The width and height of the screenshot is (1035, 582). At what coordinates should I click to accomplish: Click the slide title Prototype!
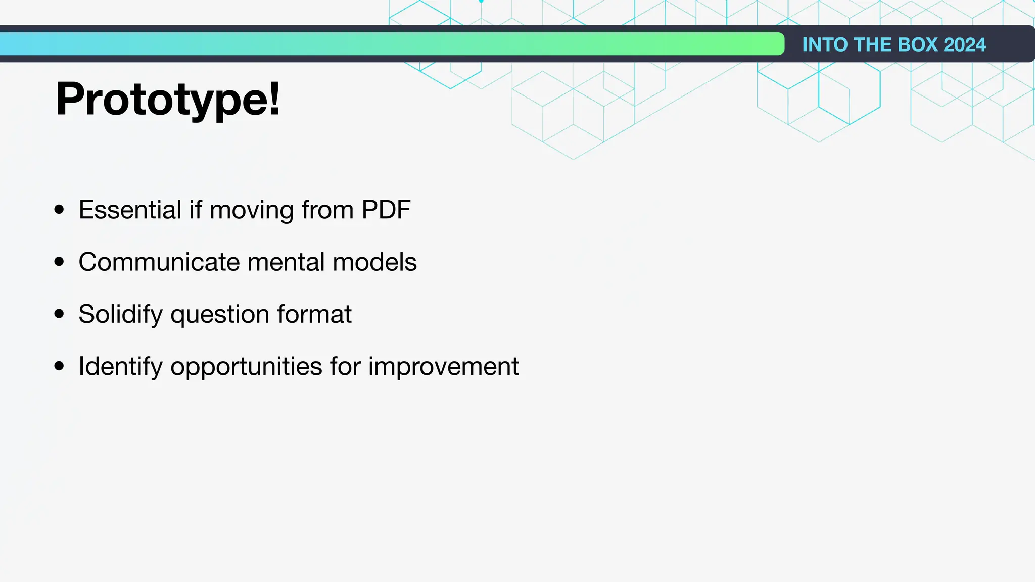[x=168, y=100]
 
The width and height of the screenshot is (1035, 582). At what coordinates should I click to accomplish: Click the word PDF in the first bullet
[x=386, y=210]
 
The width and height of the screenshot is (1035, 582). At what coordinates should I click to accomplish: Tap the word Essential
[x=130, y=210]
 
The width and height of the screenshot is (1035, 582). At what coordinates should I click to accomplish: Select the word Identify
[x=120, y=367]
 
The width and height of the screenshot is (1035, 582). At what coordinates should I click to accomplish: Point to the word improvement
[x=443, y=367]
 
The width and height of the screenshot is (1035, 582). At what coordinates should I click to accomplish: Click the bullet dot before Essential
[x=59, y=209]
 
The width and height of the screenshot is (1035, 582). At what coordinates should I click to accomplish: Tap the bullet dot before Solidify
[x=59, y=314]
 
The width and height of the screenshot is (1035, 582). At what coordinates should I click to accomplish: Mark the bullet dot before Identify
[x=59, y=366]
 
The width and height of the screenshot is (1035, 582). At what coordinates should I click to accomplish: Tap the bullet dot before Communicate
[x=59, y=262]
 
